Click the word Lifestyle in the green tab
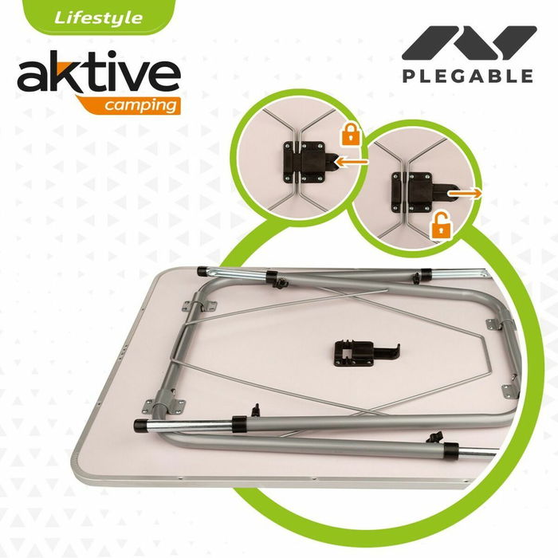(x=99, y=18)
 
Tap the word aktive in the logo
(x=98, y=75)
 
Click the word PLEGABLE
(x=468, y=77)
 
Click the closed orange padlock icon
(x=350, y=133)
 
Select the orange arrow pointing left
(x=352, y=162)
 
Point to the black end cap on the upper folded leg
(x=204, y=272)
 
